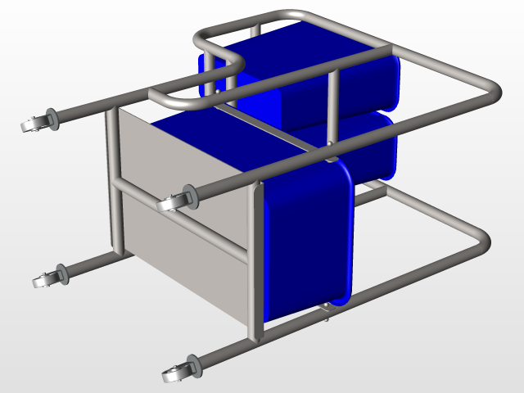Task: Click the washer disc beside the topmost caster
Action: point(52,118)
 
